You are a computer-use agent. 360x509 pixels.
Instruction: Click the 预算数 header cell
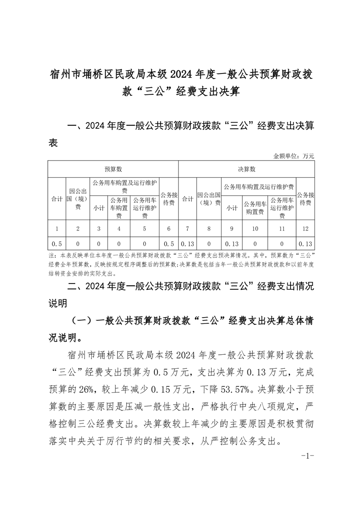[x=113, y=169]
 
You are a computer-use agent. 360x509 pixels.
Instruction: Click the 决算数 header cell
[x=247, y=169]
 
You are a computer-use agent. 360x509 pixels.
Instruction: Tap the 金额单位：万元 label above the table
[x=294, y=156]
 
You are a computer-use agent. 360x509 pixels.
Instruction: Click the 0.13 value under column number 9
[x=232, y=244]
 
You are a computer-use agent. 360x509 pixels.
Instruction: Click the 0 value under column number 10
[x=255, y=244]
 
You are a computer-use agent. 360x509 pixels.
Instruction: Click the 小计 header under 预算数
[x=99, y=208]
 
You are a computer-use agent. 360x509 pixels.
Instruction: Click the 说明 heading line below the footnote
[x=58, y=302]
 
